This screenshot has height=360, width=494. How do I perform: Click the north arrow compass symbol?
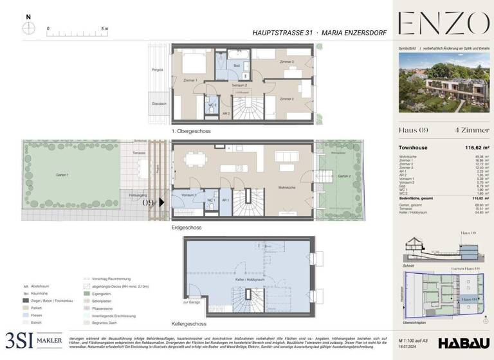pos(29,28)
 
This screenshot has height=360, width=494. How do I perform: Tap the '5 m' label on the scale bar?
pos(104,29)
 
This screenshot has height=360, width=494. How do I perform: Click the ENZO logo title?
pos(443,24)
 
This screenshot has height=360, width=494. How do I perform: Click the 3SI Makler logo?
pos(33,340)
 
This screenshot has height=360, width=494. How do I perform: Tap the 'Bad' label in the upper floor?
pos(237,66)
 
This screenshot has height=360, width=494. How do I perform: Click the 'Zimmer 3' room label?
pos(287,62)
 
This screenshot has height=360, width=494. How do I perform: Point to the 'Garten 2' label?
pos(345,175)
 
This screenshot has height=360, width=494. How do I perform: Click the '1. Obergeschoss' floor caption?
pos(191,131)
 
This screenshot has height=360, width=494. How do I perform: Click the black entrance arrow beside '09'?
pos(162,201)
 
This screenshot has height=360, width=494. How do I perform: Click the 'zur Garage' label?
pos(192,301)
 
